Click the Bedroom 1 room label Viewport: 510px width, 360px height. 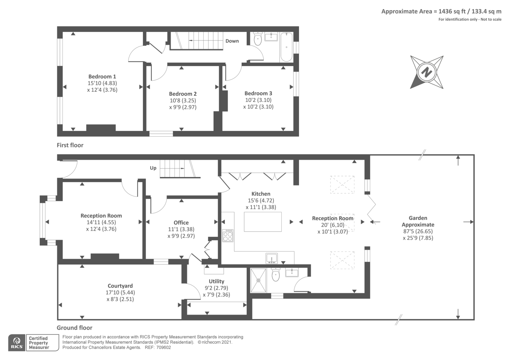coord(102,76)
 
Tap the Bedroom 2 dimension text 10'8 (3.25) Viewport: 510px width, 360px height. coord(183,100)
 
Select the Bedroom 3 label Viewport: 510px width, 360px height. coord(258,93)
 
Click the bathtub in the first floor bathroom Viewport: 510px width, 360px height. coord(287,47)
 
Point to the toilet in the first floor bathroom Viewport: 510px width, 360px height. coord(258,39)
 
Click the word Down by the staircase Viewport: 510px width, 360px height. coord(232,41)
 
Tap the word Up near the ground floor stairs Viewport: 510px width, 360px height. coord(153,168)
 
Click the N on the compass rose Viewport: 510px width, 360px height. coord(426,72)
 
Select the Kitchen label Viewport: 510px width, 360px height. coord(261,194)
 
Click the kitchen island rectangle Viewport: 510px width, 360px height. coord(263,222)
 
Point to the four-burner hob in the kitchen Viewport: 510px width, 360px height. coord(228,235)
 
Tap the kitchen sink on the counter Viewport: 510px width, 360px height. coord(272,258)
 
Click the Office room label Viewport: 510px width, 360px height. coord(181,223)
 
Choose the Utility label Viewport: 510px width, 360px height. coord(216,281)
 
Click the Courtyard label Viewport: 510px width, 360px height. coord(120,286)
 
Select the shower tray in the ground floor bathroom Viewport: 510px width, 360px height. coord(258,280)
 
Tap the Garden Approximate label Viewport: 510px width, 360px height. coord(418,221)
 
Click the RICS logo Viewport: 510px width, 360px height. coord(17,342)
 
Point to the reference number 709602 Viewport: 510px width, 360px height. coord(164,348)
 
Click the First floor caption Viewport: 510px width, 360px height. coord(70,145)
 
